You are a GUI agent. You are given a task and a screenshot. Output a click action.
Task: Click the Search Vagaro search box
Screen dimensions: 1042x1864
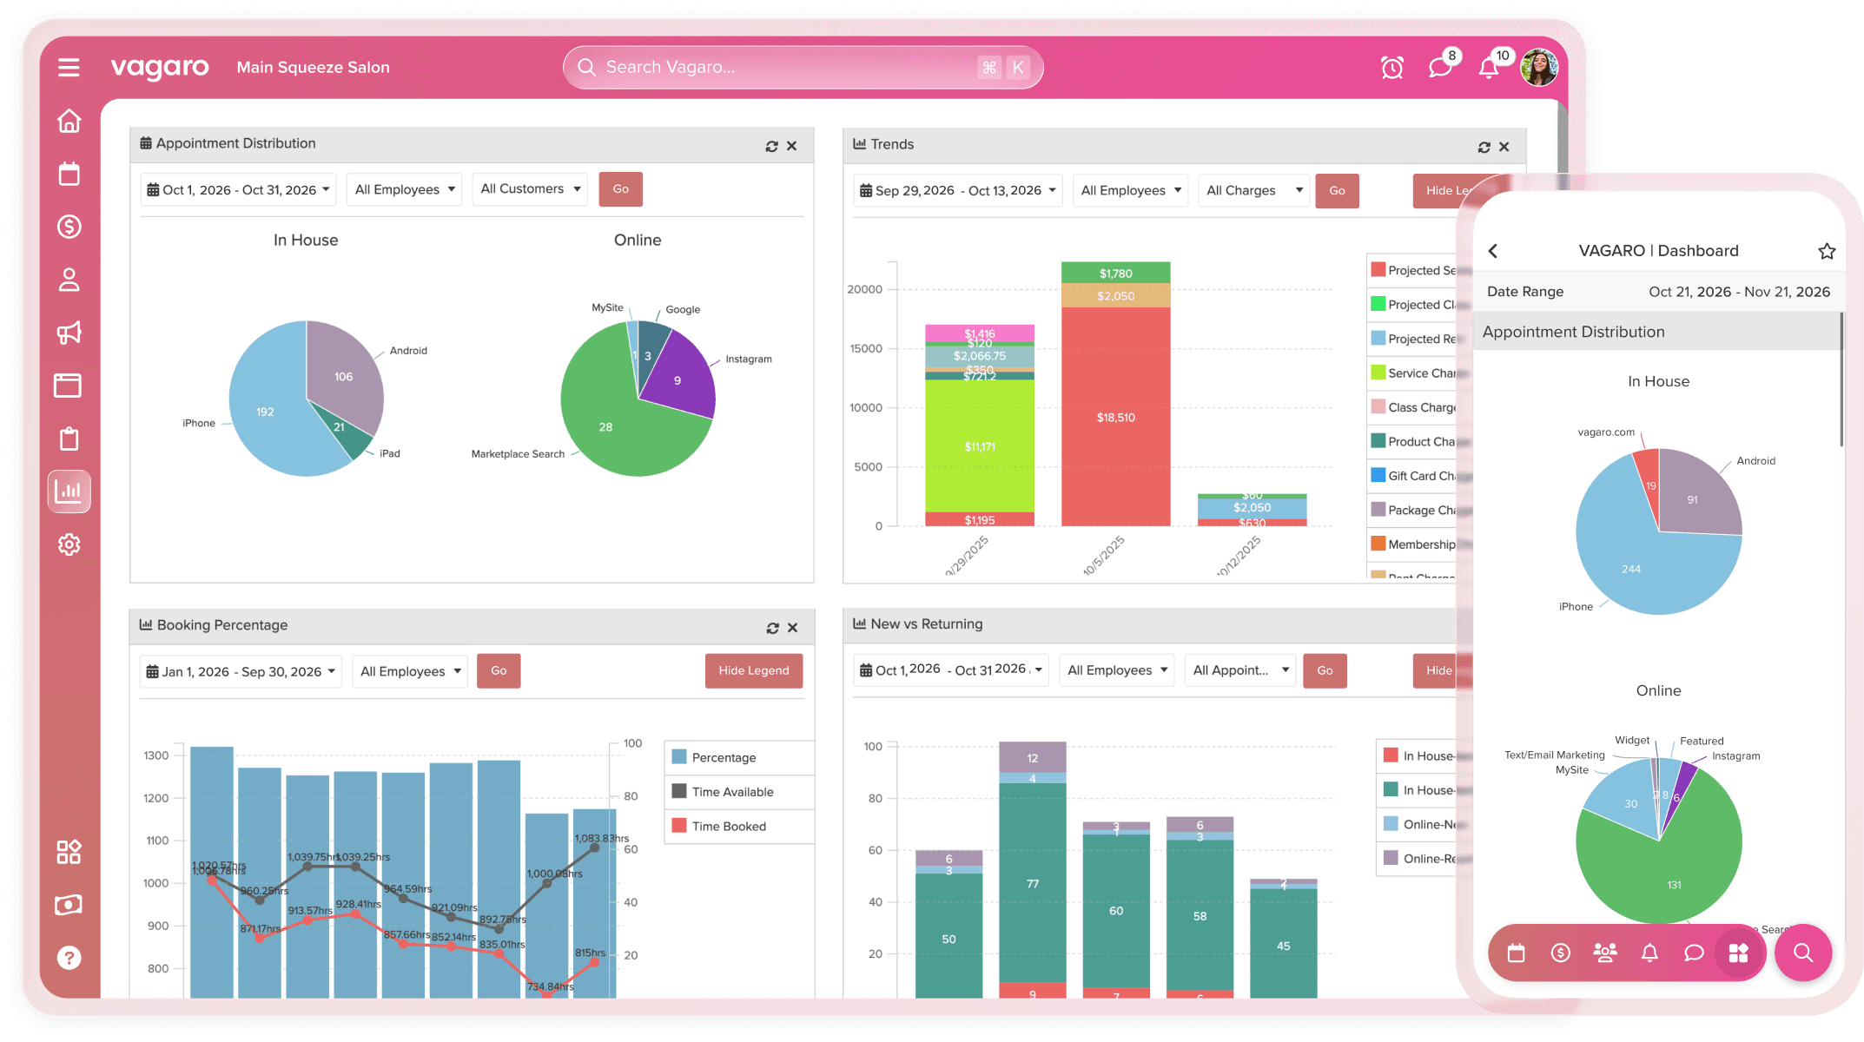[782, 68]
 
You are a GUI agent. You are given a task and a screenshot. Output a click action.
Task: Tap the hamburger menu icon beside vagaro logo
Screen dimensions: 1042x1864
[69, 68]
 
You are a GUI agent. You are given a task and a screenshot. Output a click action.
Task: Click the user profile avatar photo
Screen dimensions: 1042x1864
[1538, 68]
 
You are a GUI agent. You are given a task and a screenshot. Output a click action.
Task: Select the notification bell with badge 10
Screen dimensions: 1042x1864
[1490, 68]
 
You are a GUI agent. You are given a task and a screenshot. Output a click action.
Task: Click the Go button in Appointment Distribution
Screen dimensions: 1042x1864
[620, 189]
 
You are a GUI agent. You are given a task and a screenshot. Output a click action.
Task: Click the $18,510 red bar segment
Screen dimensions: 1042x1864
[1115, 417]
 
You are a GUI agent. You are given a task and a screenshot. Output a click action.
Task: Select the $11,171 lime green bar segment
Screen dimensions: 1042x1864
[979, 446]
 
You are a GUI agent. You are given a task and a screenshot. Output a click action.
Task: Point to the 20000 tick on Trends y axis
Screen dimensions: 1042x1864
[865, 289]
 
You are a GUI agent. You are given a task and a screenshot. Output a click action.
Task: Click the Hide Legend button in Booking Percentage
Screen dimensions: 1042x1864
[753, 670]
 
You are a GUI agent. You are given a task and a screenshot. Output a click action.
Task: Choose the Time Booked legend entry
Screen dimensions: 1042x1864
[728, 827]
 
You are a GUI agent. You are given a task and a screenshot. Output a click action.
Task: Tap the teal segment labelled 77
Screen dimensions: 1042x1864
[1032, 883]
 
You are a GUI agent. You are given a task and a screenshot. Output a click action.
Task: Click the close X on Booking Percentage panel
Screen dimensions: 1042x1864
[792, 628]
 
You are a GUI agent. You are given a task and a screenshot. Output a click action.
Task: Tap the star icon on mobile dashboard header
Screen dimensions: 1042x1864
[1827, 251]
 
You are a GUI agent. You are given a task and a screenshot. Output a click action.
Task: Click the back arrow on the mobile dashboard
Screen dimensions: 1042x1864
[1493, 251]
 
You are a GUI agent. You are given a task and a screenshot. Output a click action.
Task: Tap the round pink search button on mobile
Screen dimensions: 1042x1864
[1802, 953]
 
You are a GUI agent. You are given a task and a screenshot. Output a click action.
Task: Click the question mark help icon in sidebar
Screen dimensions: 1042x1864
[69, 958]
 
